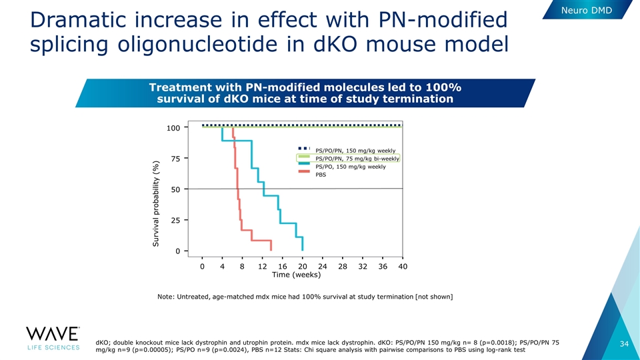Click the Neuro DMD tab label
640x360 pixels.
tap(587, 10)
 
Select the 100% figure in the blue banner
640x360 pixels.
tap(444, 87)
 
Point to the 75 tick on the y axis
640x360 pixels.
tap(175, 159)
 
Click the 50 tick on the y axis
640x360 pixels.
tap(175, 189)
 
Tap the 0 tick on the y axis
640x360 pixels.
tap(177, 251)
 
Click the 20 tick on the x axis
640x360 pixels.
tap(303, 266)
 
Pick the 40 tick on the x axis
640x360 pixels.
tap(403, 266)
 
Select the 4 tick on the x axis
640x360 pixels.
tap(222, 266)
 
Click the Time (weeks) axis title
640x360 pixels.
tap(296, 275)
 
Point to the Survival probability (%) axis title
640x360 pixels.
tap(156, 203)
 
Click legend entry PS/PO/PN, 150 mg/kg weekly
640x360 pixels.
tap(347, 150)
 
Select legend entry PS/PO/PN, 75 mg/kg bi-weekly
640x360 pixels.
tap(349, 159)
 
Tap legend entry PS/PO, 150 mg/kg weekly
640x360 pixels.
tap(342, 167)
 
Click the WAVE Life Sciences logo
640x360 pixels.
tap(53, 339)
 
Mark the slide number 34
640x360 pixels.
tap(624, 344)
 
